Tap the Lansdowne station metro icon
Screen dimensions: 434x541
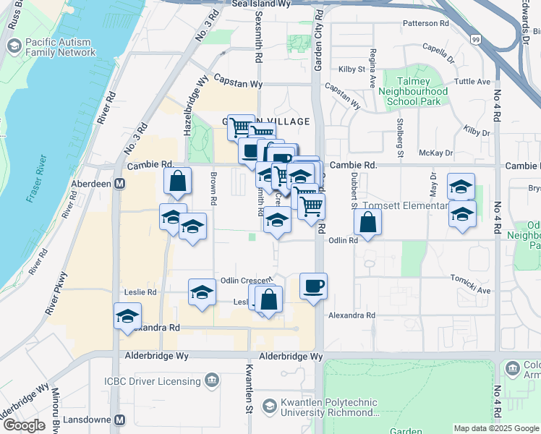click(120, 420)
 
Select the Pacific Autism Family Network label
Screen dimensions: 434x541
click(60, 48)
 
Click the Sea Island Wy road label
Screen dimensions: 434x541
click(261, 4)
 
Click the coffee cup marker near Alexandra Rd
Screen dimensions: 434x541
click(313, 286)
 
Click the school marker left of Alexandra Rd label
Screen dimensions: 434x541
click(127, 315)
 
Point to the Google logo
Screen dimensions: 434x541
click(24, 425)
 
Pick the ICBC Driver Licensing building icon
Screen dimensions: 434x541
click(212, 379)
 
